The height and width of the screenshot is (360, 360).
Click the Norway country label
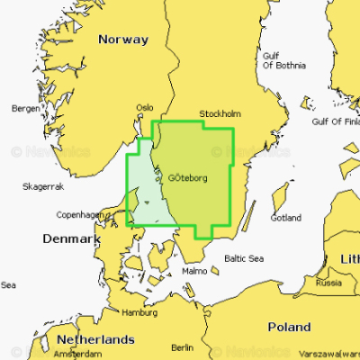(122, 40)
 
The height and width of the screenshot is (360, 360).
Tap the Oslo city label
(145, 107)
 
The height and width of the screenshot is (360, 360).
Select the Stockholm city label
(220, 114)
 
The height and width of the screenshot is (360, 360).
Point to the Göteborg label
(188, 177)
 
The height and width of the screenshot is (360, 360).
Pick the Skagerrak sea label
(42, 186)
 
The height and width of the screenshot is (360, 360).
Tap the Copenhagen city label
(78, 215)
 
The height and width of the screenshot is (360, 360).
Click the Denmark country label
(70, 239)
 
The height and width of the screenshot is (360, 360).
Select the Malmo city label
(194, 270)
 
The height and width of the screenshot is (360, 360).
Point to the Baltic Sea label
(243, 258)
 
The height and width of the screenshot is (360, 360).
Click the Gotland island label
(285, 218)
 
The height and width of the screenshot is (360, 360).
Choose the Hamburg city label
(139, 313)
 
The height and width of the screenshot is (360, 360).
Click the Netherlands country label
(95, 339)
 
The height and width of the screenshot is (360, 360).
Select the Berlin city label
(182, 347)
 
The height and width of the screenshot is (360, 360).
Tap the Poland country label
(289, 327)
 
